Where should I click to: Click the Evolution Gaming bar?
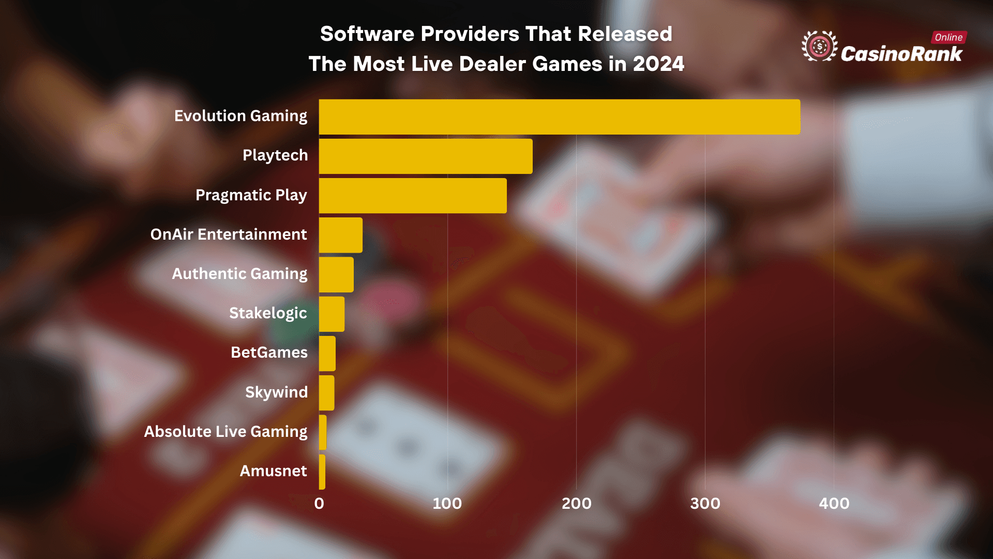pos(559,117)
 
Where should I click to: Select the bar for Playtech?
pos(425,156)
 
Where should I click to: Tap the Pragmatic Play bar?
pos(413,196)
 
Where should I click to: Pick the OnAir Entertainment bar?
pos(340,235)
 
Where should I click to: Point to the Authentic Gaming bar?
pos(336,275)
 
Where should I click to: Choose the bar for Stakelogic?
pos(332,314)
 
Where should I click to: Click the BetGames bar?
pos(327,354)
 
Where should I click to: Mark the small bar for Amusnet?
pos(322,472)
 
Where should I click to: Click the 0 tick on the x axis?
pos(319,504)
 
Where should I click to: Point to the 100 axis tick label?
pos(447,504)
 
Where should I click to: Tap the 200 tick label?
pos(577,504)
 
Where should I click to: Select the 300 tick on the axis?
pos(705,504)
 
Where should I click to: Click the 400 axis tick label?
pos(834,504)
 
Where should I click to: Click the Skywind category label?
pos(276,392)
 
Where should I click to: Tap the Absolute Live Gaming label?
pos(225,432)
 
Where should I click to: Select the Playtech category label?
pos(275,155)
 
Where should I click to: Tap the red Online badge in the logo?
pos(949,37)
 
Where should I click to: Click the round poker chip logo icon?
pos(819,47)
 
